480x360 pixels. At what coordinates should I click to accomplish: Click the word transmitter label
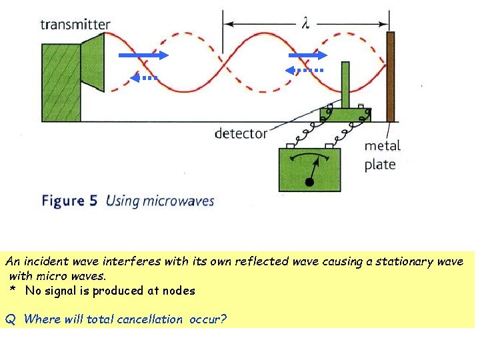pyautogui.click(x=75, y=25)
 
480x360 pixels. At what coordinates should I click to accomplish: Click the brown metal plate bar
pyautogui.click(x=390, y=76)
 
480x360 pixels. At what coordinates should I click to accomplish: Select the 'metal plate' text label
pyautogui.click(x=382, y=155)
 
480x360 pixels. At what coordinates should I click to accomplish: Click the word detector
pyautogui.click(x=241, y=133)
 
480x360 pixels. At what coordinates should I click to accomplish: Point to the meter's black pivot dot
pyautogui.click(x=309, y=182)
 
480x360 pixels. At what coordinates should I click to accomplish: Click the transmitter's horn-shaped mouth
pyautogui.click(x=93, y=63)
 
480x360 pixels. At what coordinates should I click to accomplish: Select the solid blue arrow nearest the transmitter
pyautogui.click(x=143, y=56)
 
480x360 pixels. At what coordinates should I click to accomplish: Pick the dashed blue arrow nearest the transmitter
pyautogui.click(x=145, y=77)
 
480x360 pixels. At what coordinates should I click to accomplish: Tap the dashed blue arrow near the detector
pyautogui.click(x=305, y=70)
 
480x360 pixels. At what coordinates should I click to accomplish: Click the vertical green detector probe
pyautogui.click(x=345, y=83)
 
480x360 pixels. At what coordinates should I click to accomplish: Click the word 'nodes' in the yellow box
pyautogui.click(x=179, y=291)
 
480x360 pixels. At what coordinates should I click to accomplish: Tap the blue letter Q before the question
pyautogui.click(x=10, y=319)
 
